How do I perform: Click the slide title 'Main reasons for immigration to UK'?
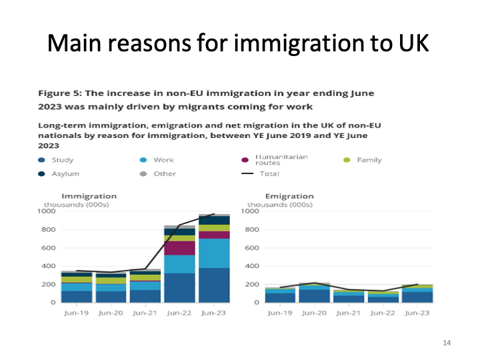pos(240,44)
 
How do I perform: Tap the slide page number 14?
pos(447,343)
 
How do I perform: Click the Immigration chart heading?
pos(89,196)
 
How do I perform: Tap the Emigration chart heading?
pos(289,196)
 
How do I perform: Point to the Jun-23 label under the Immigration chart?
pos(213,312)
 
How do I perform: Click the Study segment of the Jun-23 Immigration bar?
pos(213,285)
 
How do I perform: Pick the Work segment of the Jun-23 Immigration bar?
pos(213,253)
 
